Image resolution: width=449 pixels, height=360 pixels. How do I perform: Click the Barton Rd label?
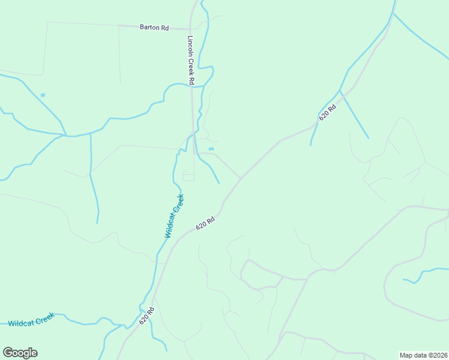[154, 27]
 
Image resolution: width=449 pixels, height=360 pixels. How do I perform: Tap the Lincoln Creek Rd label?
[191, 60]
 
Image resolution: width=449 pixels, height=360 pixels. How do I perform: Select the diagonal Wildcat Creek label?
[174, 216]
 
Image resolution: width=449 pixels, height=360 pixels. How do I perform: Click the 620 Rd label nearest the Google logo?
[147, 316]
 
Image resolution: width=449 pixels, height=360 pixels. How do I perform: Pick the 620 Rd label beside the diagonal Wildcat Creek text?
[205, 223]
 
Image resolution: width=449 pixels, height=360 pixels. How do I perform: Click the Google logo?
[20, 352]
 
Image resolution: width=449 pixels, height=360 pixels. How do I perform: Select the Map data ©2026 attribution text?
[423, 355]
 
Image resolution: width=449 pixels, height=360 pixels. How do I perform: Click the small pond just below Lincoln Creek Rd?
[211, 149]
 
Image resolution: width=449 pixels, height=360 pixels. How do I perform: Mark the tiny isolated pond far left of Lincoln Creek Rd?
[43, 95]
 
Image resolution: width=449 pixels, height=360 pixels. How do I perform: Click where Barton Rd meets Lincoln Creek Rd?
[190, 28]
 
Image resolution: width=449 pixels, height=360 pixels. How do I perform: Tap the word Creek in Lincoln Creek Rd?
[191, 62]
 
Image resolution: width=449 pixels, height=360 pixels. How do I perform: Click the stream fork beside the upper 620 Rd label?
[340, 91]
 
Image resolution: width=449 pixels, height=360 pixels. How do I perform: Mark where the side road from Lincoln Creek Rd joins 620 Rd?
[241, 178]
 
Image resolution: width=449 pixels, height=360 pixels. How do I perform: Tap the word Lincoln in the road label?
[191, 45]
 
